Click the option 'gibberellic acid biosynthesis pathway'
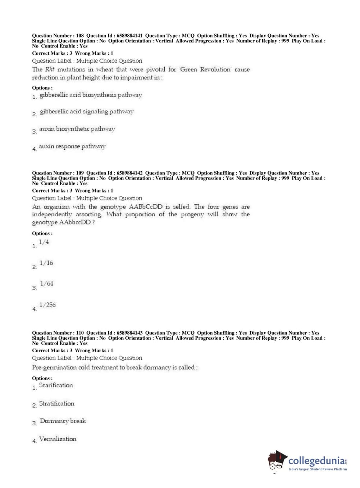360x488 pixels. [x=91, y=95]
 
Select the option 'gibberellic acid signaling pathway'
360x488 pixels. [x=87, y=112]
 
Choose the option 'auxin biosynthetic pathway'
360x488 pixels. [x=77, y=129]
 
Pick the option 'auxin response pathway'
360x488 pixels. [x=72, y=146]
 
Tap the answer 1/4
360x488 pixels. [x=44, y=242]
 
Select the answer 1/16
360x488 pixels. [x=46, y=263]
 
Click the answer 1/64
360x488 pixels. [x=46, y=284]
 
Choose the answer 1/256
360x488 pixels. [x=47, y=305]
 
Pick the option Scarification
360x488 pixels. [x=56, y=385]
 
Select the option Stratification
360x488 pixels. [x=56, y=403]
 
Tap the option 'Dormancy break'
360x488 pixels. [x=63, y=421]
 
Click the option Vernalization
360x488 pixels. [x=58, y=439]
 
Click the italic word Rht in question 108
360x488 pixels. [x=50, y=69]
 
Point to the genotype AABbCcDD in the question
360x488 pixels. [x=143, y=207]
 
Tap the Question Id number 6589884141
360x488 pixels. [x=129, y=36]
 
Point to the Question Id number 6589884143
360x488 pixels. [x=129, y=333]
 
